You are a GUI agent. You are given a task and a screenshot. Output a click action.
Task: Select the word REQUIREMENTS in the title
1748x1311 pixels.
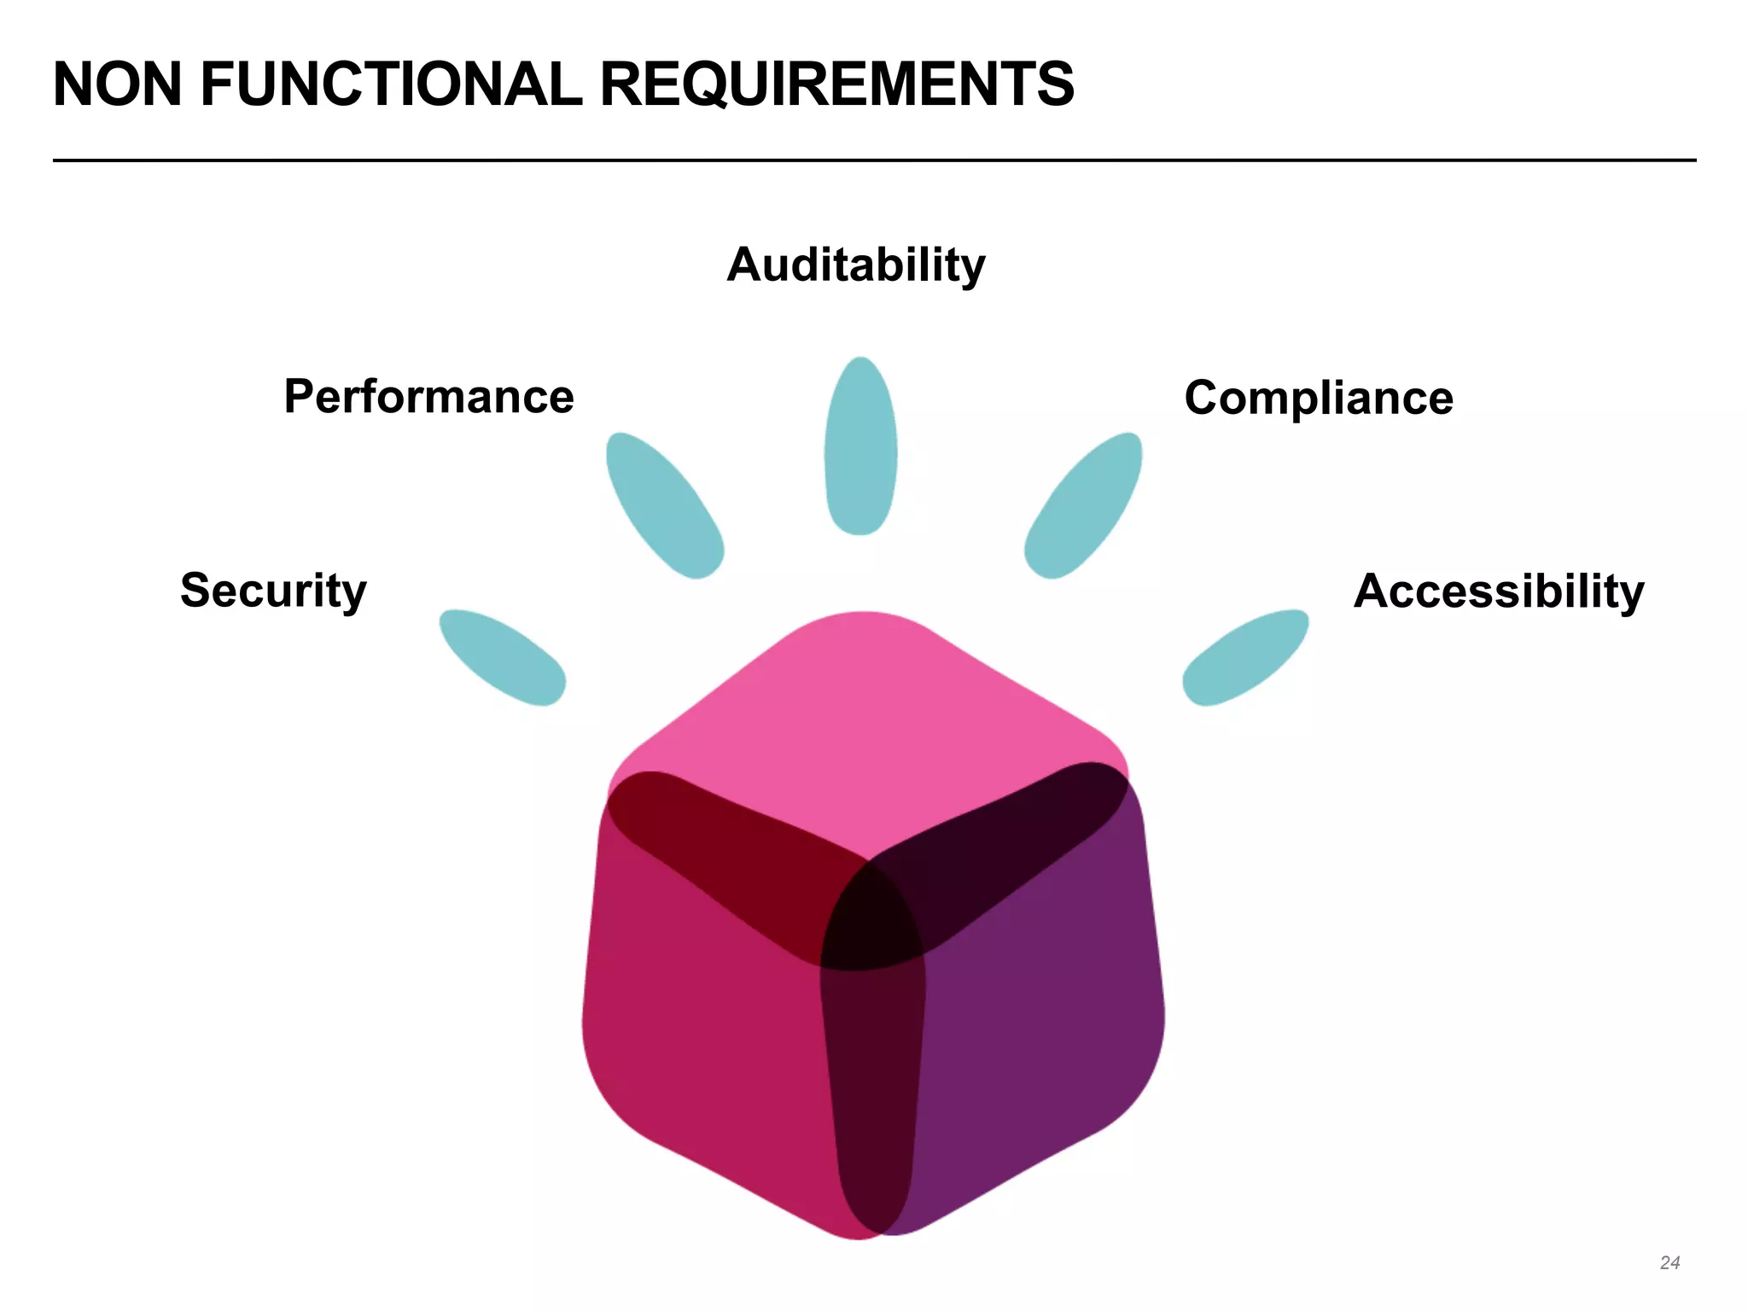coord(836,84)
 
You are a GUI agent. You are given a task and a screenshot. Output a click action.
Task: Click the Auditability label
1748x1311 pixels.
coord(856,265)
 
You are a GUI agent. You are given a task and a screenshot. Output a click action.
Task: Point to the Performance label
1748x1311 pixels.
coord(428,397)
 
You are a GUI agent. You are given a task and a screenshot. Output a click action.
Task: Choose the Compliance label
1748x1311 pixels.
coord(1319,398)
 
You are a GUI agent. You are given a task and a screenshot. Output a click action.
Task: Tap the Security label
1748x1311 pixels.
coord(273,591)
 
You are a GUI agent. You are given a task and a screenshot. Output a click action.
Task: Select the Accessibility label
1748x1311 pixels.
coord(1499,591)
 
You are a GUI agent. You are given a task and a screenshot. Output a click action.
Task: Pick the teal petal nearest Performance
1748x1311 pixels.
coord(664,505)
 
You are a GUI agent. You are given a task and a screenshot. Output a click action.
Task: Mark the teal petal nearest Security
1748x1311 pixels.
coord(502,657)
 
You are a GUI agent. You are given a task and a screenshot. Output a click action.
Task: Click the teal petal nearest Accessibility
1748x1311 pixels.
coord(1246,657)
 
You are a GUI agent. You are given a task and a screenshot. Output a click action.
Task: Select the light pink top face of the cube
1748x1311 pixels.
coord(862,717)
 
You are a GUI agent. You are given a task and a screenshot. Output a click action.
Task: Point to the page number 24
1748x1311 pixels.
coord(1669,1262)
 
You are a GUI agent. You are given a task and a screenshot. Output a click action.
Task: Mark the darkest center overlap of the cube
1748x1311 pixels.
coord(871,918)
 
